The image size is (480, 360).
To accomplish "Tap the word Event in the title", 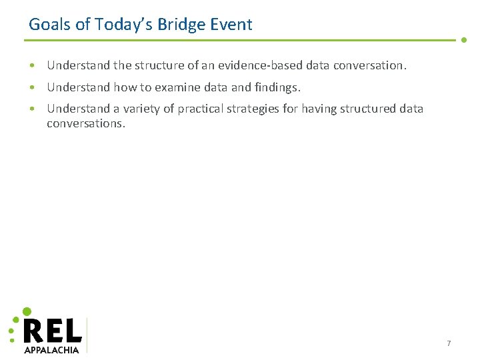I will pyautogui.click(x=231, y=25).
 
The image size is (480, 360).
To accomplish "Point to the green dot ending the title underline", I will pyautogui.click(x=464, y=40).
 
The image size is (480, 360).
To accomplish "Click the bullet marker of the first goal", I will pyautogui.click(x=32, y=66).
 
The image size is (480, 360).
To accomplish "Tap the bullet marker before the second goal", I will pyautogui.click(x=32, y=87).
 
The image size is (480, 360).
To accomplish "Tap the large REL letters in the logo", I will pyautogui.click(x=53, y=331).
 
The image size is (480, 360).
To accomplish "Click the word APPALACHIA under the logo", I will pyautogui.click(x=51, y=349).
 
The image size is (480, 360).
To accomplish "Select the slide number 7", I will pyautogui.click(x=449, y=343).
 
